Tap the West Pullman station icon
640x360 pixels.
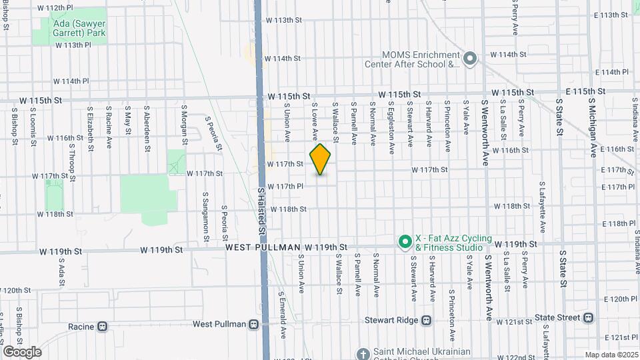[x=253, y=325]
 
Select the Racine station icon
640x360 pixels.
[x=102, y=327]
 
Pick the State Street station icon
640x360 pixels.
[x=588, y=317]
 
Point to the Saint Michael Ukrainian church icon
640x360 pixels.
[x=363, y=353]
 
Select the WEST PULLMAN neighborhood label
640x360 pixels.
[x=263, y=247]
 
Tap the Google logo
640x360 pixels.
[x=21, y=351]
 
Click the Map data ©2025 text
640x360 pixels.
[x=611, y=355]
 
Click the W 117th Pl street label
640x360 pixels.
[x=285, y=187]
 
